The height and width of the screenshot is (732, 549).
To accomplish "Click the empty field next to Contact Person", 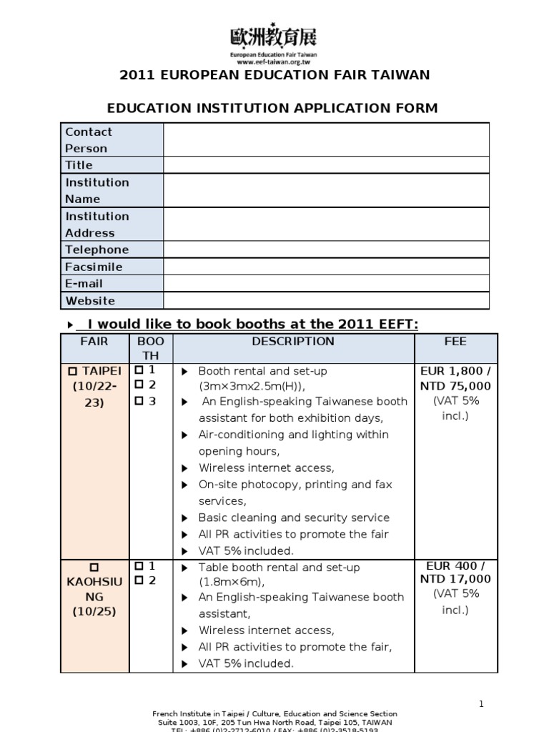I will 326,139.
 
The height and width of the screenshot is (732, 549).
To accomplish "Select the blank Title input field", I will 326,165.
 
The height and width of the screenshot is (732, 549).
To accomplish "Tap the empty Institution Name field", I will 326,190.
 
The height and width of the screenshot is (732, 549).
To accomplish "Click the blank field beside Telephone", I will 326,249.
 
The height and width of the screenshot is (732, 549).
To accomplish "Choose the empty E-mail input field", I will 326,284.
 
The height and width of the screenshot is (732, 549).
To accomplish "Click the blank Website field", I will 326,301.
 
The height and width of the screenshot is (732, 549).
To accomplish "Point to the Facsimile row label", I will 94,267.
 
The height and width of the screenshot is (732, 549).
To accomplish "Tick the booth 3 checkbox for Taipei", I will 139,402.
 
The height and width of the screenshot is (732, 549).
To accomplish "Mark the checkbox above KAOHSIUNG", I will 94,568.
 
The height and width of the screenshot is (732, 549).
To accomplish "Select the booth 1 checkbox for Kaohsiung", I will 139,567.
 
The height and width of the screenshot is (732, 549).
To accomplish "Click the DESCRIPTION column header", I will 293,342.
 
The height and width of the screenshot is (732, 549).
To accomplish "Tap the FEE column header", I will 455,342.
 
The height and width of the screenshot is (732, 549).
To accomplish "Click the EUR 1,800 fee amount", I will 456,371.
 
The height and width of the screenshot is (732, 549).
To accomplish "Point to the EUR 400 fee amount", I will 456,566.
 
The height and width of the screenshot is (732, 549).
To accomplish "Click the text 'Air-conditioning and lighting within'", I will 293,435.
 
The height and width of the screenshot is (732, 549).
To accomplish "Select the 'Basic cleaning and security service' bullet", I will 293,518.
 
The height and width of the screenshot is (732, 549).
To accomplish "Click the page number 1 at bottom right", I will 481,704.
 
